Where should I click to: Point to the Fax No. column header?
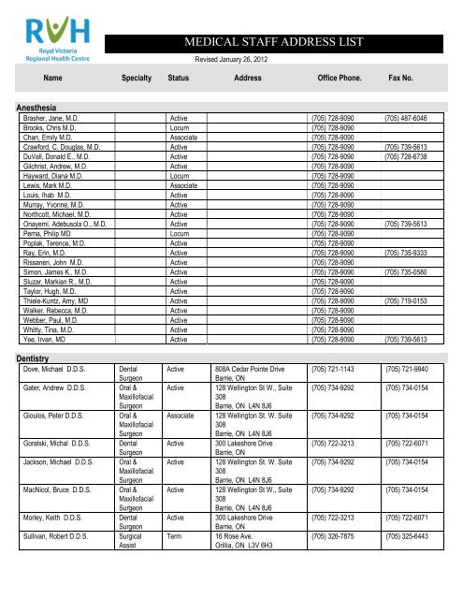[407, 80]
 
